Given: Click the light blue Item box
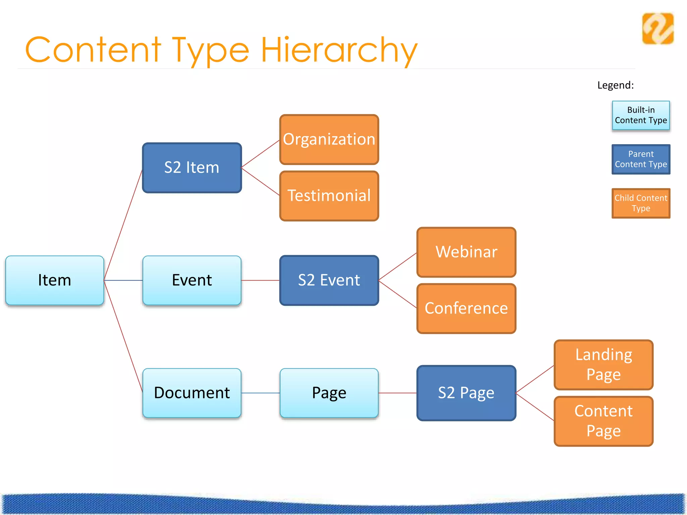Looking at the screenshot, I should (x=55, y=280).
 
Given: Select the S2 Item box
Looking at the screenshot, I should (x=192, y=168).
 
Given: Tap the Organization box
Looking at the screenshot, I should (x=329, y=139).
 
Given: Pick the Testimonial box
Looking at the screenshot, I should (x=329, y=196).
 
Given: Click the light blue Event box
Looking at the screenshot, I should (x=192, y=280).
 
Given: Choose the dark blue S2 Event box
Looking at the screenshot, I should (x=329, y=280).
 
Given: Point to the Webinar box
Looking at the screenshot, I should (x=466, y=252).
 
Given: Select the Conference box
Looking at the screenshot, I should (x=466, y=308).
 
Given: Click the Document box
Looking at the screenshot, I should (x=192, y=393).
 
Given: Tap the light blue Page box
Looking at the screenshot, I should (x=329, y=393).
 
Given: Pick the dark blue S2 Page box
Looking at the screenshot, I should (x=466, y=393).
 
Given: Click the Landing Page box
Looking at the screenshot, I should (x=603, y=365).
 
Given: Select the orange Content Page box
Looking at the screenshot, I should (x=603, y=421).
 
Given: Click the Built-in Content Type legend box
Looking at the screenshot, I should (x=641, y=115).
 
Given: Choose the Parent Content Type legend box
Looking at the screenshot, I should (x=641, y=159).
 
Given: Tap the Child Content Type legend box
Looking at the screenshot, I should (x=641, y=203).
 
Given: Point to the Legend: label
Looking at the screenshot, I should (x=616, y=85).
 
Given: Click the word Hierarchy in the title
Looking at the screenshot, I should (x=339, y=50).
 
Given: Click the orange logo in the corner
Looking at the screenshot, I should (x=658, y=28).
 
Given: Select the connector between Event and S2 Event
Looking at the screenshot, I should (x=260, y=280).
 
